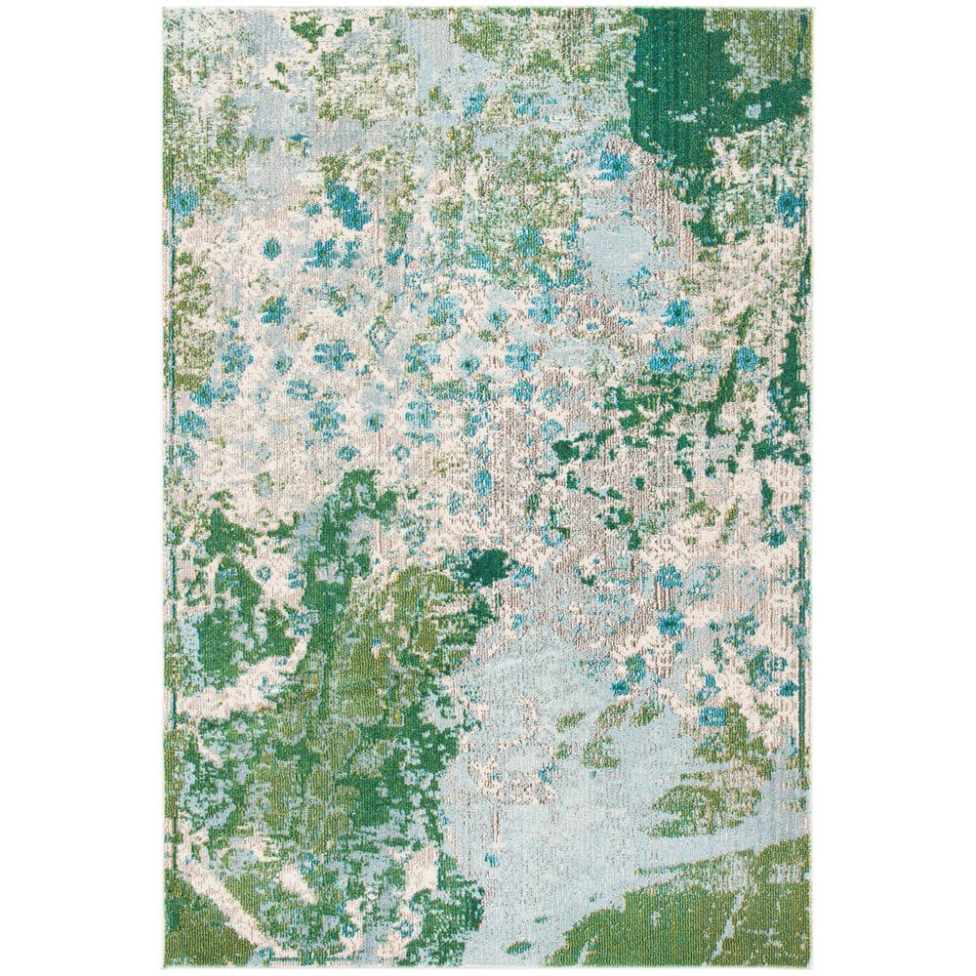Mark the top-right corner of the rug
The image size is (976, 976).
tap(812, 10)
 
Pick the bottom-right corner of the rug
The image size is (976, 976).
tap(812, 966)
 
